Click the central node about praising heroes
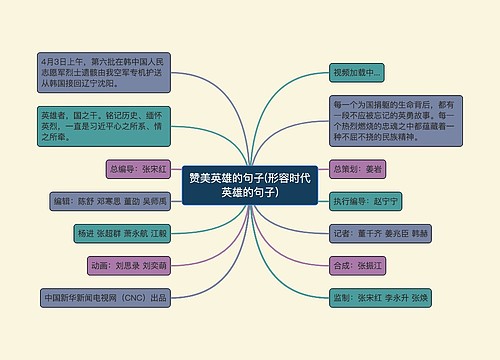(249, 185)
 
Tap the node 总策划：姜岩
(359, 168)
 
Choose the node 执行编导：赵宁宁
(366, 201)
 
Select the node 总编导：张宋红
(141, 169)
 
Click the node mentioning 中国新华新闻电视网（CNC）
(104, 298)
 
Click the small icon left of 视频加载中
(337, 73)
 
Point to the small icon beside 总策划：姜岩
(337, 168)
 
